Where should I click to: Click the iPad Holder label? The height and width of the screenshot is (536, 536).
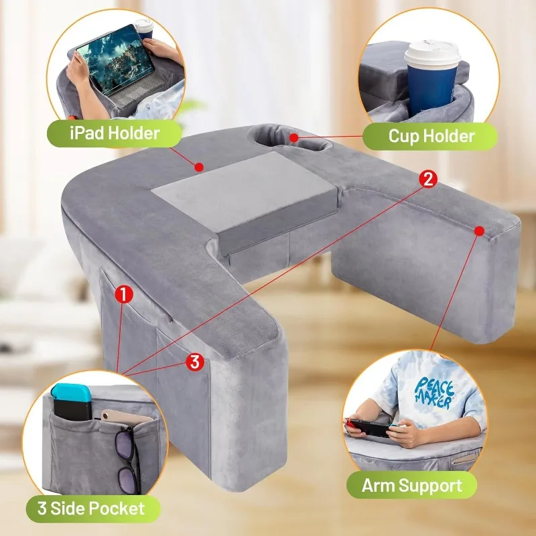[x=114, y=133]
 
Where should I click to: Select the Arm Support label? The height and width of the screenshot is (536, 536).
[x=411, y=485]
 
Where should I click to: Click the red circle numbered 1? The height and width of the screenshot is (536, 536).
[x=124, y=294]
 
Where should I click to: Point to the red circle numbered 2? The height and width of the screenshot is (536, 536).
[x=428, y=179]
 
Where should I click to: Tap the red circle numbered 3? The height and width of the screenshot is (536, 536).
[x=195, y=362]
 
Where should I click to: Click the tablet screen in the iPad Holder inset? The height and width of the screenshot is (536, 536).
[x=115, y=59]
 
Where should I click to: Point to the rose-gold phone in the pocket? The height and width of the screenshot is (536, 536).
[x=126, y=417]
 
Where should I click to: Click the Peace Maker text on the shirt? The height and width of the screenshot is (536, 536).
[x=434, y=393]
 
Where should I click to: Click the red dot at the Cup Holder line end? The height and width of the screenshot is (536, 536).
[x=293, y=137]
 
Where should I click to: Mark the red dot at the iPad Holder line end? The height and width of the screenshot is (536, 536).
[x=199, y=167]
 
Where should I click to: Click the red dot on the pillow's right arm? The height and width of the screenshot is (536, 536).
[x=480, y=230]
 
